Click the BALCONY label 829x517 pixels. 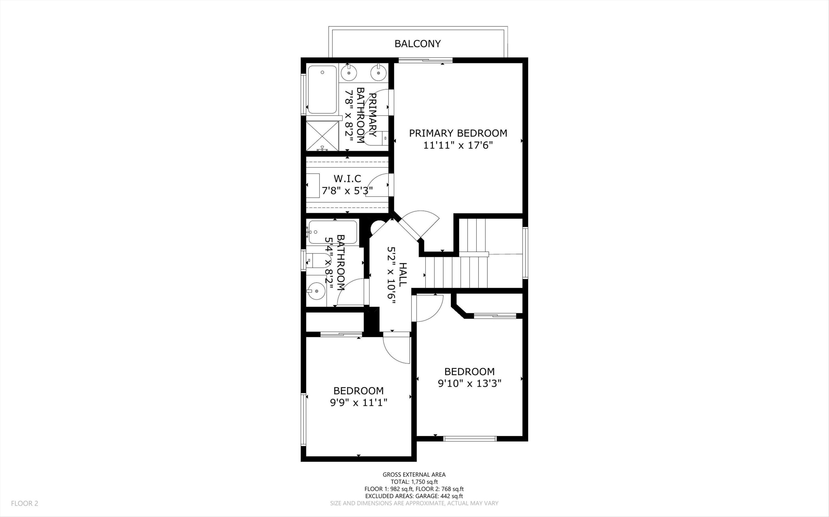pos(418,44)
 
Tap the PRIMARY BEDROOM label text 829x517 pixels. pos(458,133)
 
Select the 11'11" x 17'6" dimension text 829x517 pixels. pos(458,146)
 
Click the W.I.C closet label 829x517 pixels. pos(347,178)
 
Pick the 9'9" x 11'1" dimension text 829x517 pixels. pos(358,403)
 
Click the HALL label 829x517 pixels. pos(403,275)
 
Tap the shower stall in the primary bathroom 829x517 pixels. pos(322,135)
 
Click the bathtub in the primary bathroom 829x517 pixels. pos(322,90)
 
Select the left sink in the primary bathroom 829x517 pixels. pos(349,73)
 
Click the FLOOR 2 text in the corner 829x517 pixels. pos(24,503)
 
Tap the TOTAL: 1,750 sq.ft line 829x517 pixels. pos(414,482)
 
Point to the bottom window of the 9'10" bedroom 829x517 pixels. pos(469,439)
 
